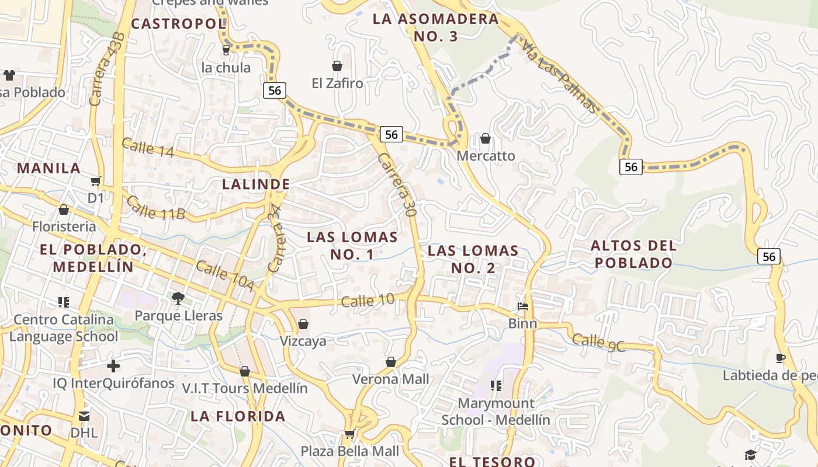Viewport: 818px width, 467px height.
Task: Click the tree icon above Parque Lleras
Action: point(178,298)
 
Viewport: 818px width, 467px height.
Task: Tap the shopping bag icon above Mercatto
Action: point(486,138)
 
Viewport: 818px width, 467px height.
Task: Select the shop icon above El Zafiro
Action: point(337,66)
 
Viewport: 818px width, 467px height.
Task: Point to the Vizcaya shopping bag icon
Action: point(303,323)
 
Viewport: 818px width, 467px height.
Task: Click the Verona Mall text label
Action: point(390,379)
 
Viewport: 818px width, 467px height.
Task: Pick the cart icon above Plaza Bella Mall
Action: point(349,433)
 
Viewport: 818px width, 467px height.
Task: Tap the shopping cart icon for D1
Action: point(96,182)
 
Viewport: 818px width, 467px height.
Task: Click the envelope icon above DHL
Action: point(84,416)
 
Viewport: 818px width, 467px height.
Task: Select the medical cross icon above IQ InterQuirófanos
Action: point(113,366)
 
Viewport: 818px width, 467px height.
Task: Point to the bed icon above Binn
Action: point(523,306)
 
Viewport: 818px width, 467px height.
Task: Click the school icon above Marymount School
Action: point(496,385)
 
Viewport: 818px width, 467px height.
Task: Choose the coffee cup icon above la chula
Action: point(226,50)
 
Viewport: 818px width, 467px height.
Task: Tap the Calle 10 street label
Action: point(368,301)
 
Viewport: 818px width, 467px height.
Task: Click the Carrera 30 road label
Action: point(397,185)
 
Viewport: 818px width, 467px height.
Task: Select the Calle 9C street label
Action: point(598,342)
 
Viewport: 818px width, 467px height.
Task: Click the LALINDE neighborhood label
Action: point(256,184)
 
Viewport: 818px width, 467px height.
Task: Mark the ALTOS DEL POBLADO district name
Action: point(633,254)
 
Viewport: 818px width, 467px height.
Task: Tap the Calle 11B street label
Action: point(155,208)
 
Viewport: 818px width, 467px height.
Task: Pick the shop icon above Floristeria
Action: point(64,210)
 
